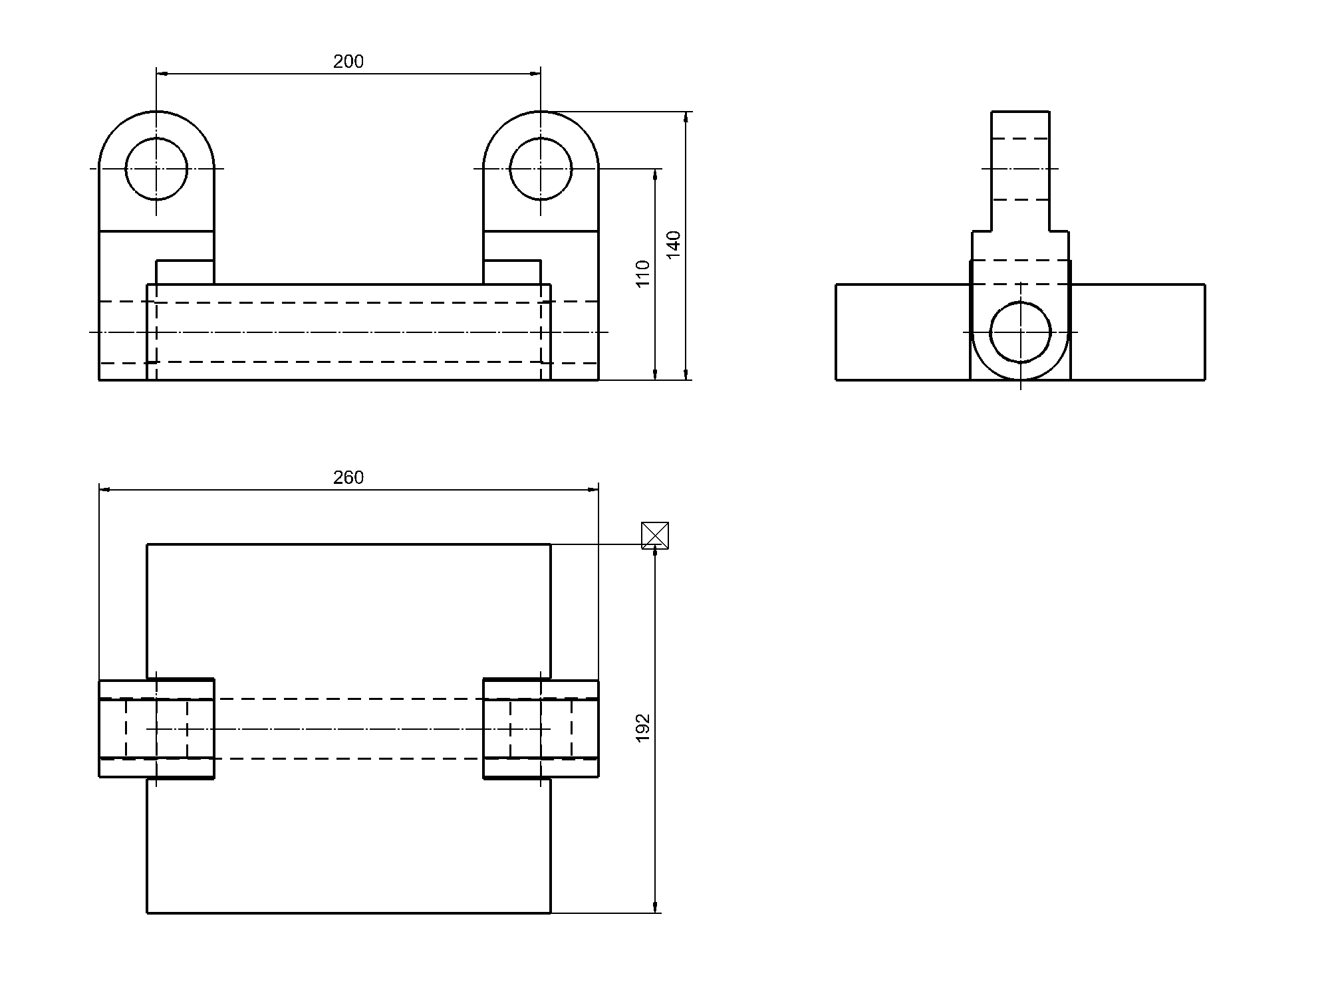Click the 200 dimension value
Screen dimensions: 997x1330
pyautogui.click(x=348, y=62)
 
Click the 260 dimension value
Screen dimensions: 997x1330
pyautogui.click(x=348, y=478)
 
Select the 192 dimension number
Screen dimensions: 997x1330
pyautogui.click(x=642, y=728)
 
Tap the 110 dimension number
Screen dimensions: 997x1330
pyautogui.click(x=642, y=274)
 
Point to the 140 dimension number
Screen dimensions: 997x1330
pyautogui.click(x=674, y=245)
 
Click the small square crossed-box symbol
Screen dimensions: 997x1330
pyautogui.click(x=654, y=535)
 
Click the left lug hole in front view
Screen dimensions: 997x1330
pyautogui.click(x=156, y=169)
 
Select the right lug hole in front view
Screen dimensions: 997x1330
pyautogui.click(x=541, y=169)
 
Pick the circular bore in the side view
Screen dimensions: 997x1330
pyautogui.click(x=1020, y=332)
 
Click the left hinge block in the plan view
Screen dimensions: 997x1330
pyautogui.click(x=156, y=728)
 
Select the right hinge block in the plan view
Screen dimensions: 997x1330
pyautogui.click(x=541, y=728)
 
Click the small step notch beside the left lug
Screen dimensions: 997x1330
pyautogui.click(x=185, y=273)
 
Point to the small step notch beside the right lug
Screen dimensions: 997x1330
pyautogui.click(x=512, y=273)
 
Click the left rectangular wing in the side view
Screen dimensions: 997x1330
pyautogui.click(x=902, y=332)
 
